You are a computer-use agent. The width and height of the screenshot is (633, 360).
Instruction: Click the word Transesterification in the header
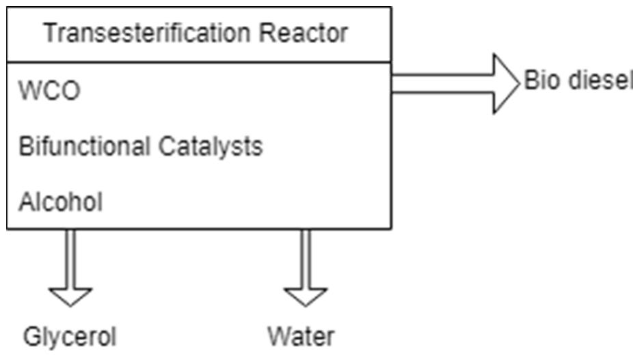pyautogui.click(x=147, y=33)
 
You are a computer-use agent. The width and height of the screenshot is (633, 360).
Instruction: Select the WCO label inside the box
pyautogui.click(x=49, y=92)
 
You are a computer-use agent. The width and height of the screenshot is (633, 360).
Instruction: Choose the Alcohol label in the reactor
pyautogui.click(x=61, y=202)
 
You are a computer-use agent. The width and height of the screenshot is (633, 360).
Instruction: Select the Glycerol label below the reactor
pyautogui.click(x=70, y=336)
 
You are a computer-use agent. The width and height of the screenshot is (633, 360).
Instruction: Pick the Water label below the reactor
pyautogui.click(x=301, y=336)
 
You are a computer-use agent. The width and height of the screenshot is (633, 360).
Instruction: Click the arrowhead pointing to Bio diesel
pyautogui.click(x=506, y=83)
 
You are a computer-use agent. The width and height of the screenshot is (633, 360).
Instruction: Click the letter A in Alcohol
pyautogui.click(x=26, y=202)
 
